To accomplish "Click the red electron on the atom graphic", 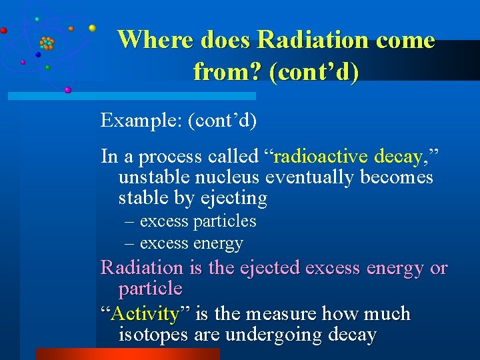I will pos(4,30).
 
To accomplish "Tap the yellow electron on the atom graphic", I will pos(92,28).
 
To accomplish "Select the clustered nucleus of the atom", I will pos(47,44).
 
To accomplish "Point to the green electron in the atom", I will pos(47,67).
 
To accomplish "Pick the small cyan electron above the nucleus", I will pos(37,19).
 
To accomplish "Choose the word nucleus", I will pos(229,178).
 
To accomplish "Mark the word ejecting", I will pos(235,199).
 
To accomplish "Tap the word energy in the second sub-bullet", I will pos(220,243).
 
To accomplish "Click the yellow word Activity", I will pos(145,313).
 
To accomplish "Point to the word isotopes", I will pos(154,335).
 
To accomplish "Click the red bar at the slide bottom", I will pos(127,354).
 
